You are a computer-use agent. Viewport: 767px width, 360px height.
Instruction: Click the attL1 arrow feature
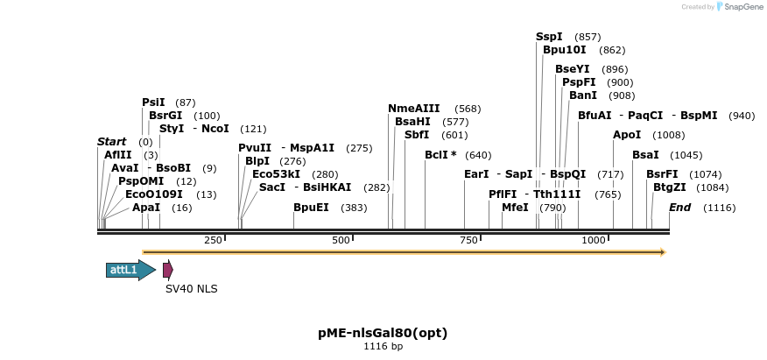(130, 270)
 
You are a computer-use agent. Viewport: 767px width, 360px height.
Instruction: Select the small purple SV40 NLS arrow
(167, 270)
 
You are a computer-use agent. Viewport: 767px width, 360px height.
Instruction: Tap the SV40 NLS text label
(191, 289)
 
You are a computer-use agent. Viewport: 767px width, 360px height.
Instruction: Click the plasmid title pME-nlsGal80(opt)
(383, 333)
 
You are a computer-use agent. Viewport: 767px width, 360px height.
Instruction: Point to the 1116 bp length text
(383, 347)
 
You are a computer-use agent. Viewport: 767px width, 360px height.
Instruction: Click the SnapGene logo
(739, 7)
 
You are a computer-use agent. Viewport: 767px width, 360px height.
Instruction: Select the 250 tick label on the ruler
(213, 240)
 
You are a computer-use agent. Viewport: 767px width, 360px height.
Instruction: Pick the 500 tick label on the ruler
(341, 240)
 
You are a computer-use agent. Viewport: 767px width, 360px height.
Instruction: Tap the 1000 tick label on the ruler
(594, 240)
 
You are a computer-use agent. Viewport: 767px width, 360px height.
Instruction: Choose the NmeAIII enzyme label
(413, 109)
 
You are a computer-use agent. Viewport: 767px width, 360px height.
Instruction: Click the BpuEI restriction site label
(311, 208)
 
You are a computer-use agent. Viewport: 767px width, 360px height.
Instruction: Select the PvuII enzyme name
(255, 148)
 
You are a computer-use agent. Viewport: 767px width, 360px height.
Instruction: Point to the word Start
(111, 142)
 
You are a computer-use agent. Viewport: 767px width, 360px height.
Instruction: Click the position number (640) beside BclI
(478, 155)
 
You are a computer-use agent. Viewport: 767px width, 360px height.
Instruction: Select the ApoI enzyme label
(627, 135)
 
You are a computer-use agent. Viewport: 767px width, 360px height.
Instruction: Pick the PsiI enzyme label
(153, 102)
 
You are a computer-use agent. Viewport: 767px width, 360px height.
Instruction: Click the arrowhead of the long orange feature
(663, 252)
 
